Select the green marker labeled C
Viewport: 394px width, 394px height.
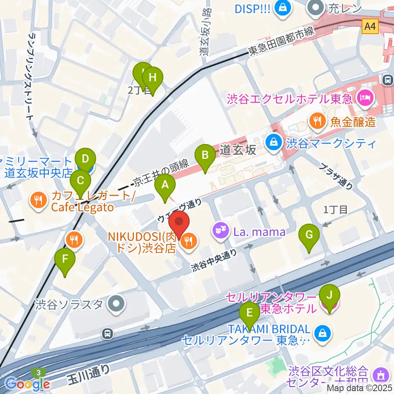(81, 180)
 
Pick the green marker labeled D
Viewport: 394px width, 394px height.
(85, 158)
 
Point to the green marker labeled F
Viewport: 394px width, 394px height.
(65, 259)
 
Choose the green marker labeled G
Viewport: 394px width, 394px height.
(309, 235)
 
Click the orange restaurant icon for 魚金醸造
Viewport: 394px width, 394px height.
(316, 121)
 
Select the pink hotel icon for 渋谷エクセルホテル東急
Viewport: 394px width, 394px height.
(364, 98)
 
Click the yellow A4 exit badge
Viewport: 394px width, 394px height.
(370, 26)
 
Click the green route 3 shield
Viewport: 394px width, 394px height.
(38, 371)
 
